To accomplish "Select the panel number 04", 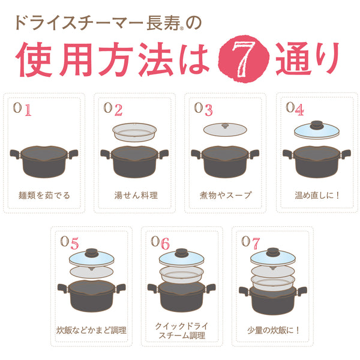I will point(295,109).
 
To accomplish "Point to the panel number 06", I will point(161,242).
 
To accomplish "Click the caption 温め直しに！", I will point(316,195).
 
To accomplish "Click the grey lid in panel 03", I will point(225,130).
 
